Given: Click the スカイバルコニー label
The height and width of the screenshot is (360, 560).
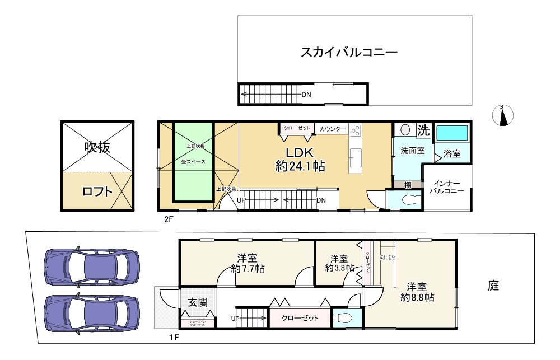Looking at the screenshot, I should coord(348,53).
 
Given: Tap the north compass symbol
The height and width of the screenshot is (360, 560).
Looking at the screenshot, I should coord(503,115).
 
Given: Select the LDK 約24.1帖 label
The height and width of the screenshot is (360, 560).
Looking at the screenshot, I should coord(300,160).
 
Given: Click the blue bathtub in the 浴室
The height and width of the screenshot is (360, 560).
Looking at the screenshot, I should coord(451,133).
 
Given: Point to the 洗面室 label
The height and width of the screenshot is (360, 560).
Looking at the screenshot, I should coord(412,151).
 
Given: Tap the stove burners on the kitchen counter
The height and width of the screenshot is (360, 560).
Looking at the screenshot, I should coord(355,130).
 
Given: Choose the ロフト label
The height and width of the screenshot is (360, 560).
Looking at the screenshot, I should coord(97,191).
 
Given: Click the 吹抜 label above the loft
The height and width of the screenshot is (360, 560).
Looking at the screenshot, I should coord(97,147).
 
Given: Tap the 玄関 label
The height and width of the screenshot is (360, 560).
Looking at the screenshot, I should coord(197,303).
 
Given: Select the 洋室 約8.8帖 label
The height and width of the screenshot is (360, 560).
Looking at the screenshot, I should coord(417,292).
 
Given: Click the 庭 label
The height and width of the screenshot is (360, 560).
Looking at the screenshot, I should coord(493,286).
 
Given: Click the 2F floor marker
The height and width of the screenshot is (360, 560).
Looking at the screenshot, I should coord(168,219).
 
